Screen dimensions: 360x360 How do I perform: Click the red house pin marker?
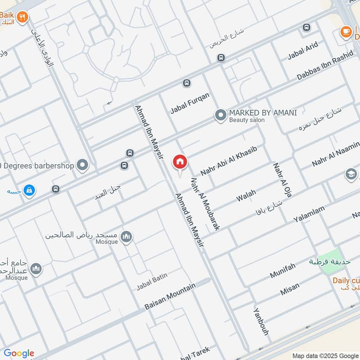(180, 162)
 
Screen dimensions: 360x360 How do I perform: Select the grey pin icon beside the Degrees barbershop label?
(82, 166)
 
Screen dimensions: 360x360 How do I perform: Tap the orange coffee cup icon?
(346, 32)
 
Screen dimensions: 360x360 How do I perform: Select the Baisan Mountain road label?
(170, 297)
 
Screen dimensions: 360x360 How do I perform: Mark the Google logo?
(19, 353)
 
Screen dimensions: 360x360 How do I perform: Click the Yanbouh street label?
(261, 322)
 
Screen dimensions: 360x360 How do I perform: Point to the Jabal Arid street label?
(303, 50)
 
